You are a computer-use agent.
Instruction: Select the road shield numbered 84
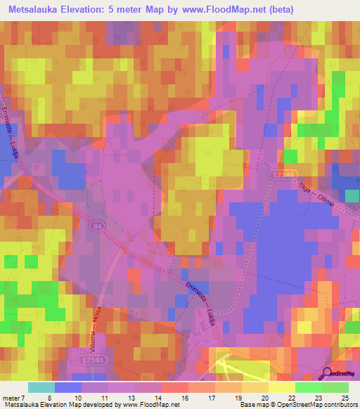pos(97,226)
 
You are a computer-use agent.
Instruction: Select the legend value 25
pos(345,397)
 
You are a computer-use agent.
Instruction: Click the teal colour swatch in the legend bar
pos(41,387)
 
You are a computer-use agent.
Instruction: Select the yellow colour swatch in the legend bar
pos(281,387)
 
